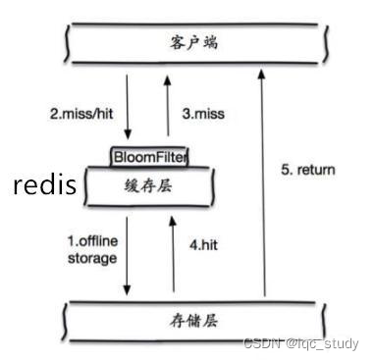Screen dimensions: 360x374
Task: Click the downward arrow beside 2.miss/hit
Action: point(128,112)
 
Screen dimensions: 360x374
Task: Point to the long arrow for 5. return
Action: point(263,186)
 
